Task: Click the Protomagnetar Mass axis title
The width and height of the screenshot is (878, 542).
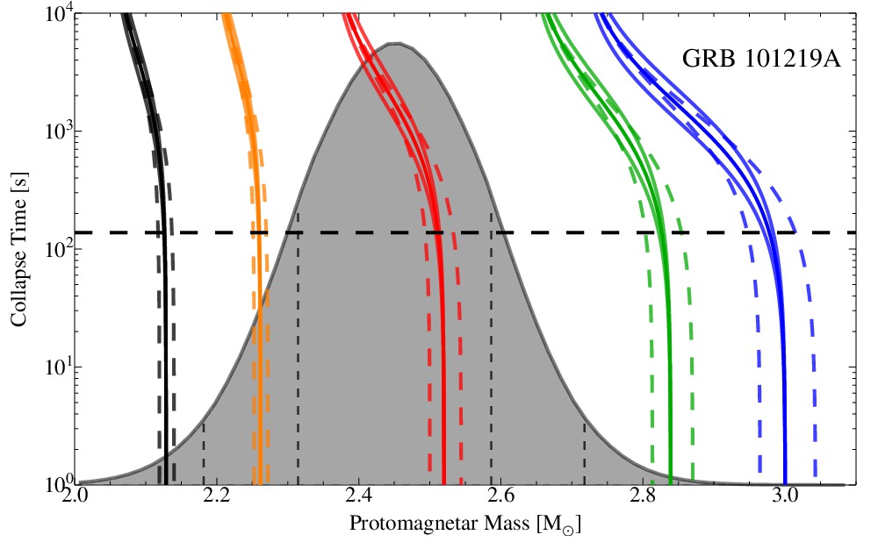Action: tap(465, 525)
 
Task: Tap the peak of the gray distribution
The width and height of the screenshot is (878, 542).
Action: tap(396, 43)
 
